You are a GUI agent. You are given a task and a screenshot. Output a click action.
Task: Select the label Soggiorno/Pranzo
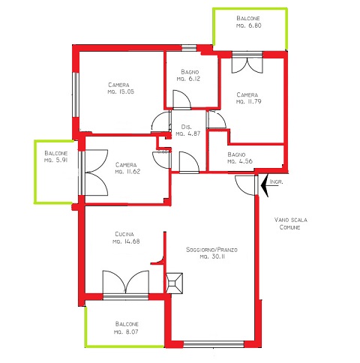point(211,250)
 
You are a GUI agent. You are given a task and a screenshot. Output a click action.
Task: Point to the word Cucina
point(124,234)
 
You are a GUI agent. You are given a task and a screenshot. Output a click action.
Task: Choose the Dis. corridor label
point(186,127)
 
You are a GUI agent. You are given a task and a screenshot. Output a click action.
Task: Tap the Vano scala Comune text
point(290,223)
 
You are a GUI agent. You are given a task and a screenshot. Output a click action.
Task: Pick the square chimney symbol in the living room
point(174,283)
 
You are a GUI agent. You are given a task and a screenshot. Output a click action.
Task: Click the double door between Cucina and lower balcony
point(126,282)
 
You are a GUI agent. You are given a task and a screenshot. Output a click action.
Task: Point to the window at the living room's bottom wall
point(214,344)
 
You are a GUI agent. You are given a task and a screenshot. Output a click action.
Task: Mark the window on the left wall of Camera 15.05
point(76,94)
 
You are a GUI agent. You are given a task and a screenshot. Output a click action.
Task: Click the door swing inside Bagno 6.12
point(181,99)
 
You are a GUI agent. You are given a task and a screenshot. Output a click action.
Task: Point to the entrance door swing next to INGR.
point(245,185)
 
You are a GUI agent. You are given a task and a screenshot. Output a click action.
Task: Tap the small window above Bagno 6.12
point(189,48)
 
